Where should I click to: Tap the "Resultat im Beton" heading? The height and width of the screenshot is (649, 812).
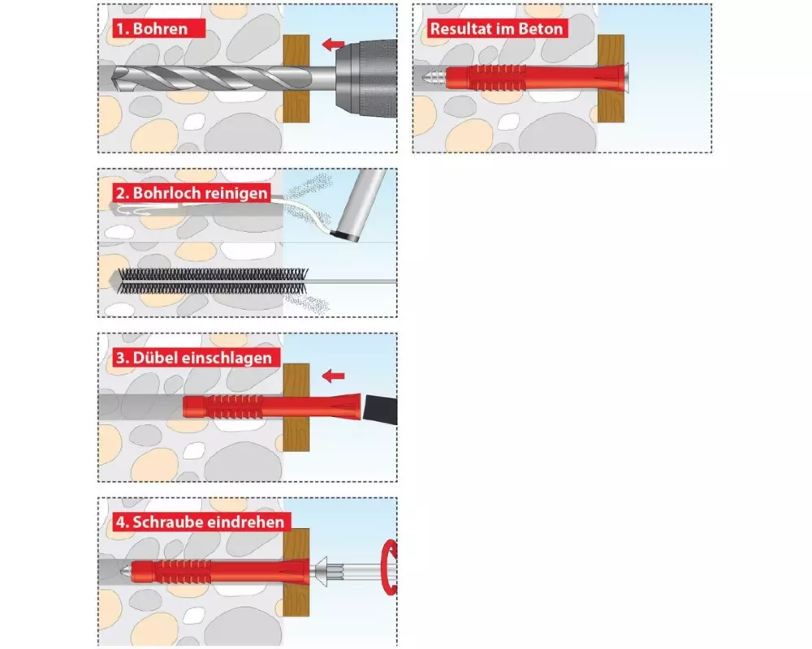[x=497, y=28]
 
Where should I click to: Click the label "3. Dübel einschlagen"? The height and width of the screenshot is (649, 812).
[x=194, y=358]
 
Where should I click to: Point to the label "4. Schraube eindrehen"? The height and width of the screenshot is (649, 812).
[x=201, y=522]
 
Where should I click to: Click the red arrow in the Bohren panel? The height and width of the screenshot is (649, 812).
[x=333, y=45]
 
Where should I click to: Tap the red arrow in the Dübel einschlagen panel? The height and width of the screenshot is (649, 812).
[x=333, y=376]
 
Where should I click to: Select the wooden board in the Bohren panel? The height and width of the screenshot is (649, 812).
[x=296, y=79]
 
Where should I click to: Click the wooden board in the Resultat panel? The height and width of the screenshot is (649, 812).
[x=611, y=79]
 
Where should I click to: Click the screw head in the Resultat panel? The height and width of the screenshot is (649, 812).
[x=626, y=77]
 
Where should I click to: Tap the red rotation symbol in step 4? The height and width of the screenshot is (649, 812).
[x=388, y=567]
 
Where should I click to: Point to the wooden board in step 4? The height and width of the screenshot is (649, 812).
[x=296, y=573]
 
